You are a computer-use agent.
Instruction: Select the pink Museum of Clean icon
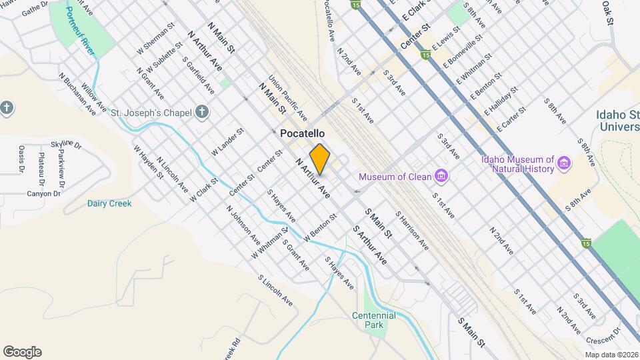(441, 177)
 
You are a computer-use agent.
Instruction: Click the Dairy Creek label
(109, 203)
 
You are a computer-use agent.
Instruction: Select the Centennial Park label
(374, 320)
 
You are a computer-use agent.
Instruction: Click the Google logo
(22, 351)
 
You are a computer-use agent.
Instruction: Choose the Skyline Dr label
(66, 144)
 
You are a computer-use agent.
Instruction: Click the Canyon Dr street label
(43, 194)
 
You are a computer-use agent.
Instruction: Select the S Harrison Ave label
(412, 231)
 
